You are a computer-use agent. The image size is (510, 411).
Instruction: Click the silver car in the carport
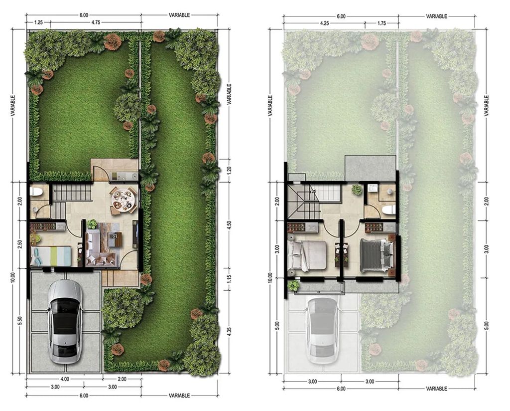pyautogui.click(x=65, y=322)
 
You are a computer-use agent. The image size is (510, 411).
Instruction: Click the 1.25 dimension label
pyautogui.click(x=38, y=22)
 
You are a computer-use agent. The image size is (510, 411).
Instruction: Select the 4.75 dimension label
pyautogui.click(x=96, y=22)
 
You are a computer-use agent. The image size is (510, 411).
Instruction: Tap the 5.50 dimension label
pyautogui.click(x=20, y=321)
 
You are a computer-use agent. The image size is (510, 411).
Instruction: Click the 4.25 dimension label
pyautogui.click(x=324, y=23)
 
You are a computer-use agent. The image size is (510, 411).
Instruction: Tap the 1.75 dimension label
pyautogui.click(x=382, y=23)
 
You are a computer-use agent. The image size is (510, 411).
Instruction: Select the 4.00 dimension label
pyautogui.click(x=65, y=379)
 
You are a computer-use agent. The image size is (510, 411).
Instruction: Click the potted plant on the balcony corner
pyautogui.click(x=294, y=286)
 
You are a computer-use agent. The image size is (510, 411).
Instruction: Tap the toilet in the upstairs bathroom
pyautogui.click(x=388, y=209)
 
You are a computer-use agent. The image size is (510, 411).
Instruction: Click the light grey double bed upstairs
pyautogui.click(x=307, y=255)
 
